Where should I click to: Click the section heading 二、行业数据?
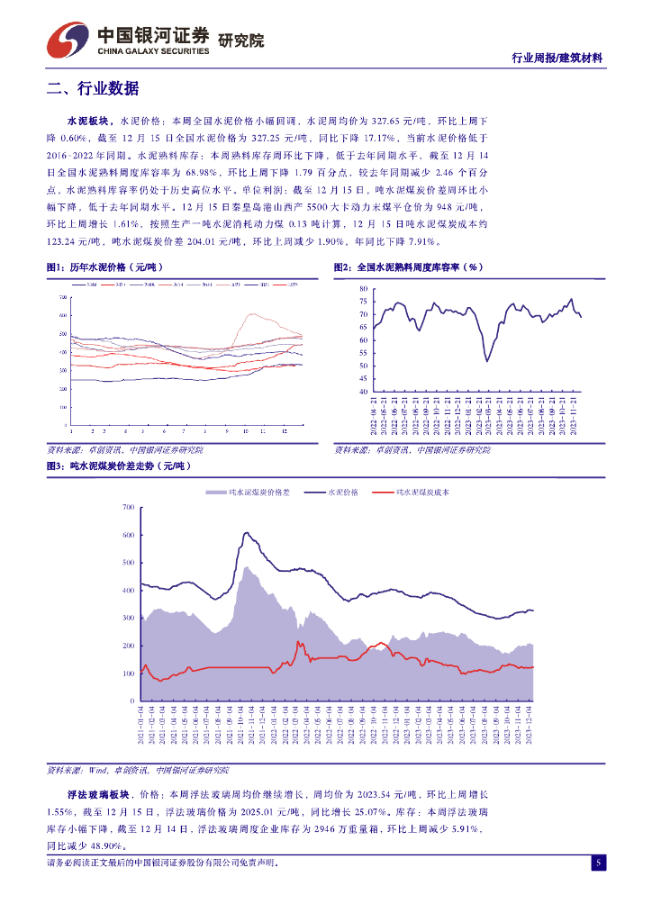[93, 88]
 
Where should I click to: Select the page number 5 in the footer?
[597, 863]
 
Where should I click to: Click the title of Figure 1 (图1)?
[103, 267]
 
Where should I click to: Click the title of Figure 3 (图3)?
[118, 466]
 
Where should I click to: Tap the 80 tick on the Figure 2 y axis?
[363, 288]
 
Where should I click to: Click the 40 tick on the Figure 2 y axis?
[363, 392]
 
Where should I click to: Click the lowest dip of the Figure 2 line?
[487, 361]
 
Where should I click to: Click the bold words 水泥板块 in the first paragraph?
[88, 120]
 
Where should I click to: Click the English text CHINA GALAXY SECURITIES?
[152, 51]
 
